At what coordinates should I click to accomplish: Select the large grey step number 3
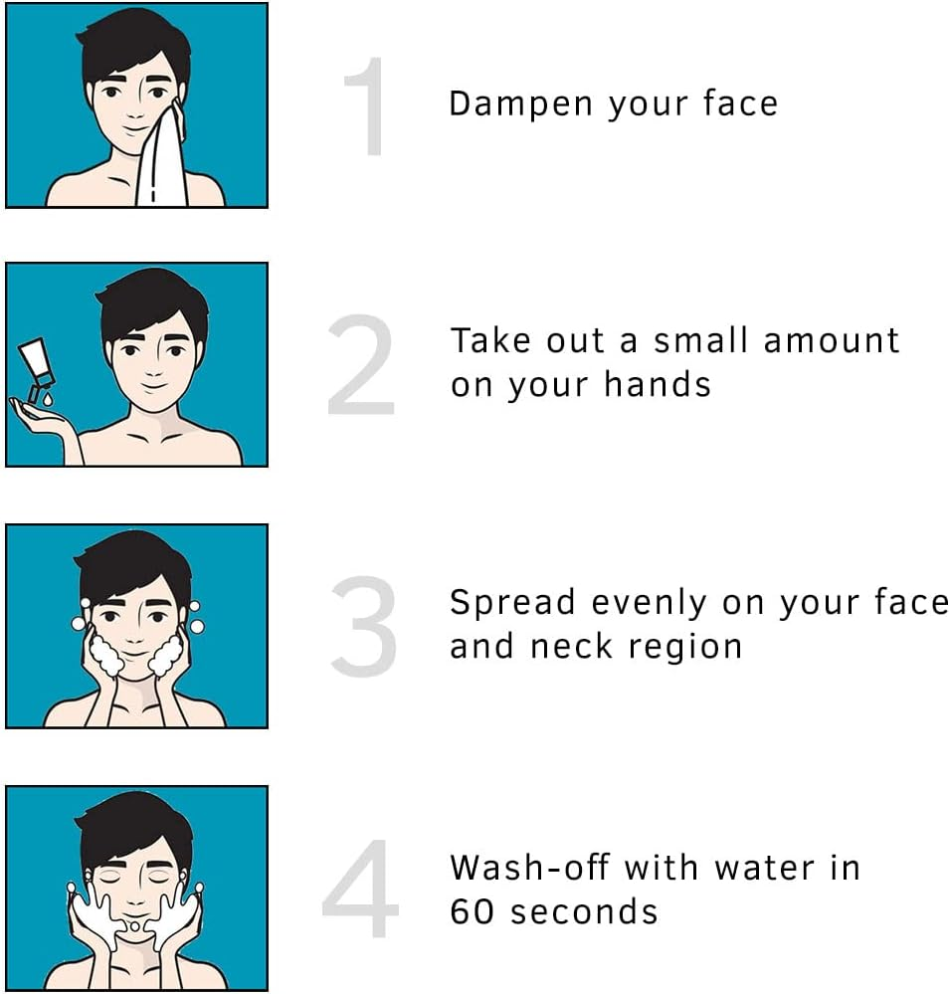coord(364,627)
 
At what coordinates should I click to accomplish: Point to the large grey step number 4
coord(360,889)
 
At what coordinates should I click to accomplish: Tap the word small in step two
coord(701,341)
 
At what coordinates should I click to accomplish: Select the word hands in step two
coord(665,384)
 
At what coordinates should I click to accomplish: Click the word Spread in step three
coord(512,603)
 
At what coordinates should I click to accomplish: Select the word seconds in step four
coord(579,910)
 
